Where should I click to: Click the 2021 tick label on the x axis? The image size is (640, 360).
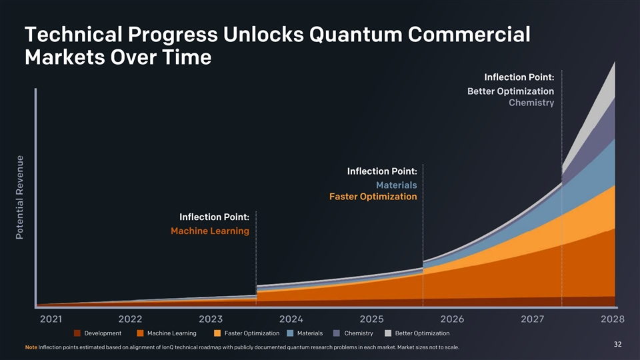click(51, 318)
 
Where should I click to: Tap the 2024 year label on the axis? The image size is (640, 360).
click(292, 318)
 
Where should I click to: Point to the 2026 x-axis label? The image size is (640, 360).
click(452, 318)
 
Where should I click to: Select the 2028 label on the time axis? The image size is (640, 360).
click(612, 318)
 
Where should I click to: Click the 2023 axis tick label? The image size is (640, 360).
click(211, 318)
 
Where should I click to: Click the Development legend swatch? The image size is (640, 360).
click(77, 333)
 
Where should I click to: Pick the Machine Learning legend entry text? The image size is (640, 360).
click(171, 333)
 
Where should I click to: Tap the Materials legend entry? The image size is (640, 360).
click(309, 333)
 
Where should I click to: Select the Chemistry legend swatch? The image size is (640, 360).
click(337, 333)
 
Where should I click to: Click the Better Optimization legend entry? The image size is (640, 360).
click(422, 333)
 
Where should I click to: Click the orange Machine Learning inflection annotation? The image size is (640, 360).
click(210, 231)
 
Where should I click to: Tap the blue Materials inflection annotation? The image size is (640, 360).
click(396, 185)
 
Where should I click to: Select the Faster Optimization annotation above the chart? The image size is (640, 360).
click(373, 197)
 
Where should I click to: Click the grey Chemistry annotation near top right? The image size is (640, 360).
click(531, 103)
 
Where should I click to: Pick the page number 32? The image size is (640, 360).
click(617, 344)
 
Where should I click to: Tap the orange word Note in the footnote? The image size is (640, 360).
click(30, 348)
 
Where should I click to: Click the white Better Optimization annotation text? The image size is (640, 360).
click(511, 91)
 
